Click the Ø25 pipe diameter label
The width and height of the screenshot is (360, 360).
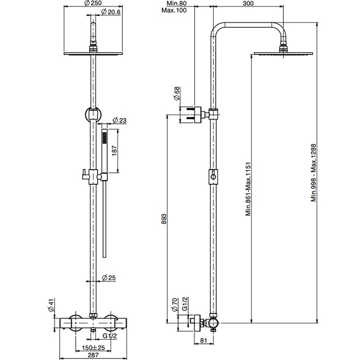111,277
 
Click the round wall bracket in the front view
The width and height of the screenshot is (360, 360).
93,114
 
